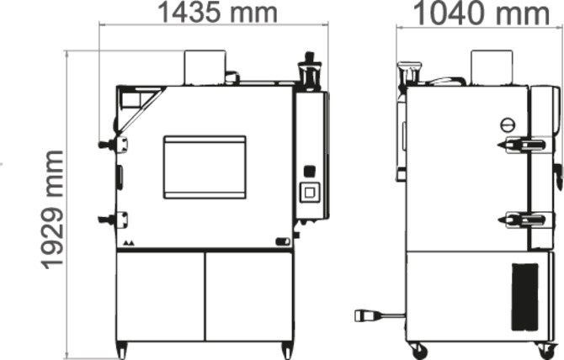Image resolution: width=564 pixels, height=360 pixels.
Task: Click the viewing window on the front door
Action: (205, 167)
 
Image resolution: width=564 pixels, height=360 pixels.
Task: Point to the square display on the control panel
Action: (310, 191)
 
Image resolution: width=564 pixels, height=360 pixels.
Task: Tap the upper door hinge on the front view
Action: (114, 145)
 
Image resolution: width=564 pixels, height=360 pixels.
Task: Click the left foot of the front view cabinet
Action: (122, 349)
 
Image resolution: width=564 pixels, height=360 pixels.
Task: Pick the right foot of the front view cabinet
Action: (287, 349)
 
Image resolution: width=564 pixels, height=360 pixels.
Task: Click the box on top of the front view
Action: (205, 66)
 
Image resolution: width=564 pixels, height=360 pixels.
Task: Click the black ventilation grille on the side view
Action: (524, 295)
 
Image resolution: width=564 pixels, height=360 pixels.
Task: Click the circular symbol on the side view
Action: (507, 124)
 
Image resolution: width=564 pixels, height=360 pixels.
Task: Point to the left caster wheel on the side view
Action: (418, 350)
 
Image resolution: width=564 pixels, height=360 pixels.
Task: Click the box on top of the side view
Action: (492, 66)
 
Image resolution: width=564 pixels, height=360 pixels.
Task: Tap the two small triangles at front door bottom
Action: (128, 242)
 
